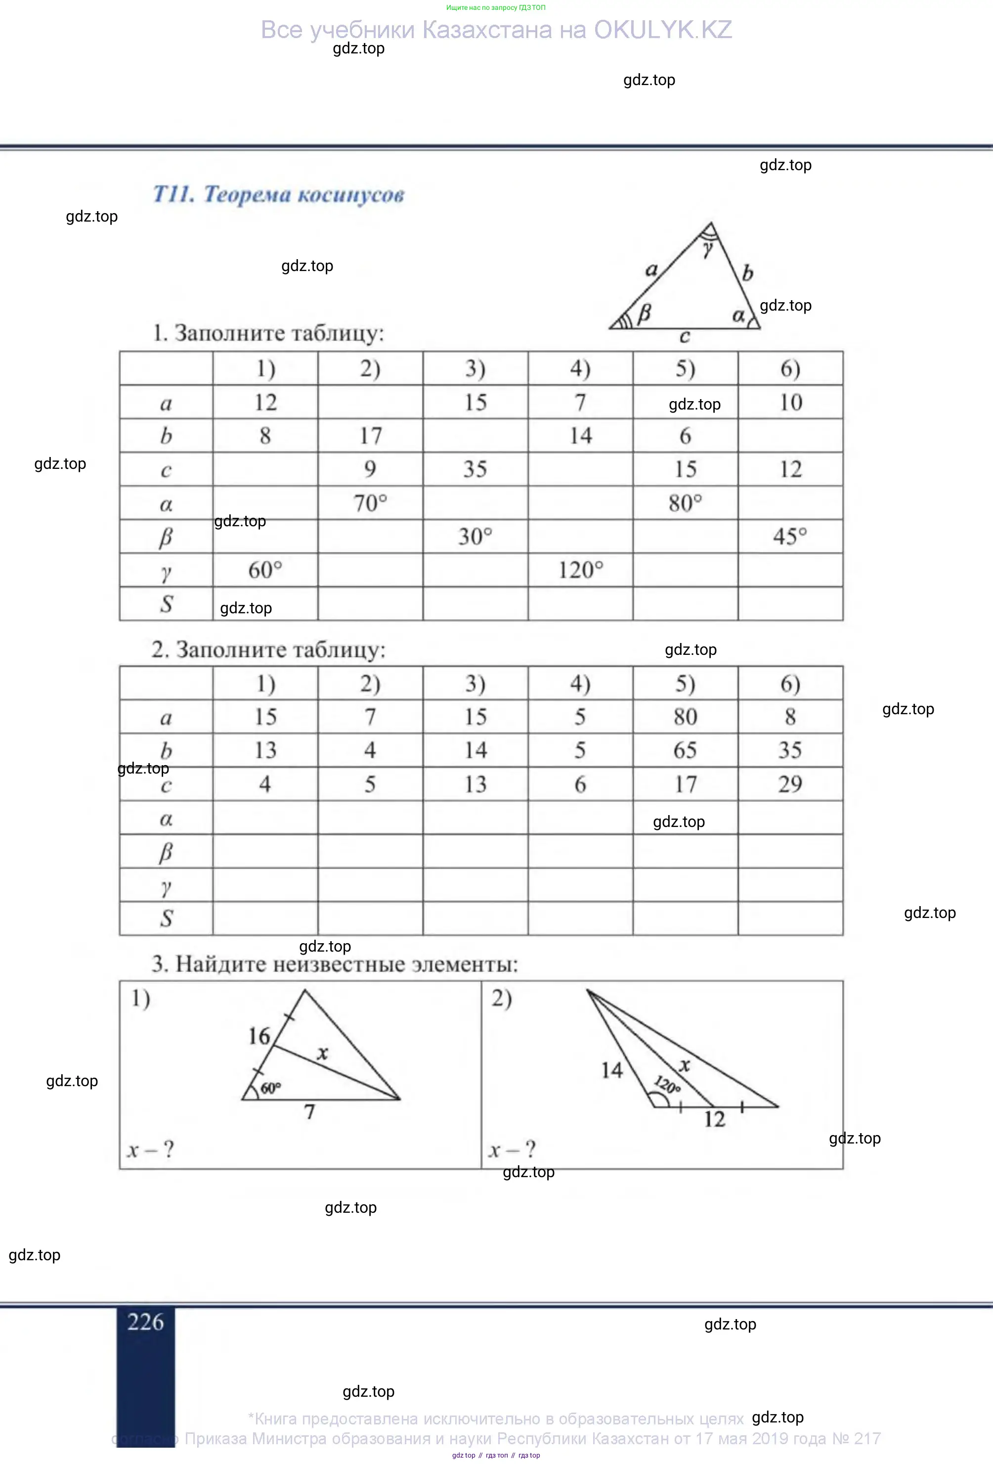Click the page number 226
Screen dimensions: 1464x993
(x=145, y=1321)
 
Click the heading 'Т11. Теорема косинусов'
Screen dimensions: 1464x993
(x=278, y=194)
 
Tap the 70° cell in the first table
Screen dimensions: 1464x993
(x=370, y=503)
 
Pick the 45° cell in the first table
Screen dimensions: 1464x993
(x=790, y=536)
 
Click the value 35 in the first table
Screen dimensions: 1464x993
(x=475, y=469)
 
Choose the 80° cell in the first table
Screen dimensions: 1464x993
(x=685, y=503)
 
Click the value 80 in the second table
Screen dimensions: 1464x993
(x=685, y=716)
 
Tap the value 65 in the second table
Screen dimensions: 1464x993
(x=685, y=750)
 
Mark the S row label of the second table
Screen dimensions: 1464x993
(x=166, y=918)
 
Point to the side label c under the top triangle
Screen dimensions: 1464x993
(x=685, y=337)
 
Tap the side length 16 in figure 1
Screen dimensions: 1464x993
(x=259, y=1036)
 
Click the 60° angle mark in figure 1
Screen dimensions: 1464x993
(x=270, y=1088)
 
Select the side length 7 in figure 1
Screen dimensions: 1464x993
(x=309, y=1112)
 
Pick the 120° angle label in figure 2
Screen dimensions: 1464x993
(x=667, y=1085)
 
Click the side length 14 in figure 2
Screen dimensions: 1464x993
(x=611, y=1070)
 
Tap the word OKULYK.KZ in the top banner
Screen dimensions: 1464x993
(x=662, y=30)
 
